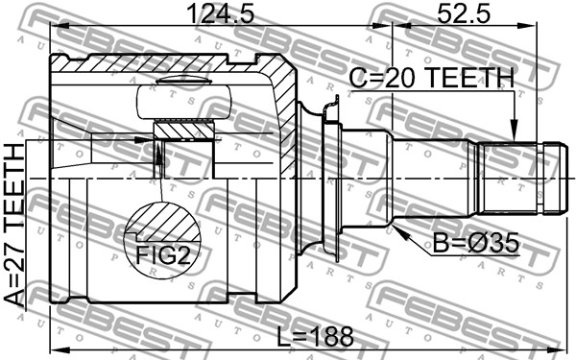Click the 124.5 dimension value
click(221, 14)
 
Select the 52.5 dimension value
click(464, 14)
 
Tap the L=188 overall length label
click(315, 337)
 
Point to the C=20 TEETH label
click(432, 79)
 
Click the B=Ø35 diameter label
click(476, 243)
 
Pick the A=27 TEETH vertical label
click(14, 226)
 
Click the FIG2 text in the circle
click(163, 255)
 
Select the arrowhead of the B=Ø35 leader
click(400, 231)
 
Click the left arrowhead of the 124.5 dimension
click(60, 26)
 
